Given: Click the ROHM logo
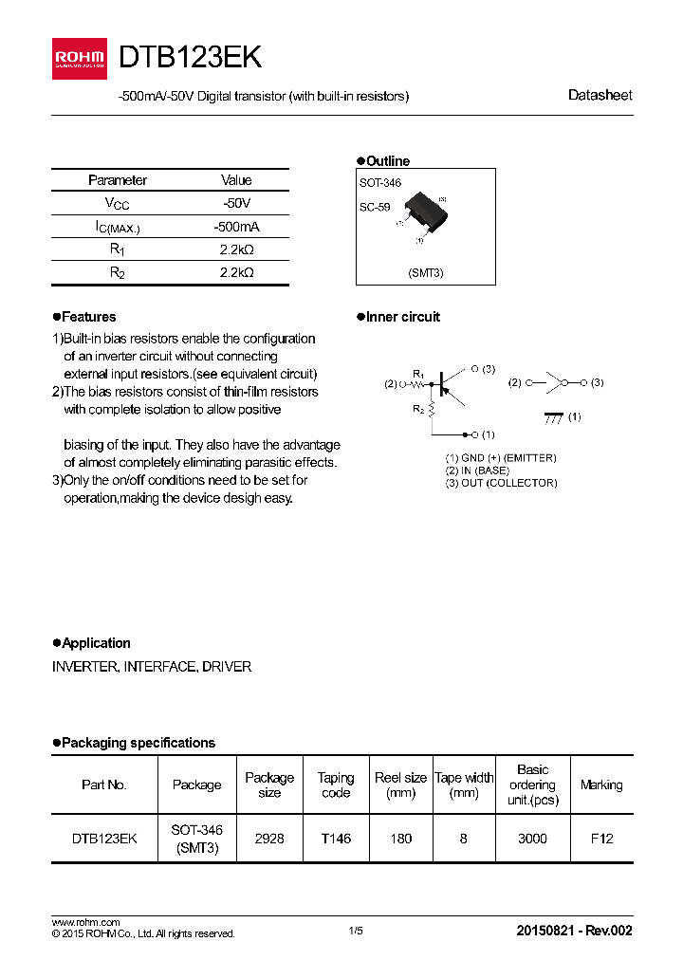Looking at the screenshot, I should click(x=79, y=59).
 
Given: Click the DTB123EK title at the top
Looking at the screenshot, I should click(x=190, y=58).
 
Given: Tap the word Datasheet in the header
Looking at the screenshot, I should click(x=600, y=95).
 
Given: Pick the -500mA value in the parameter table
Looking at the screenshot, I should click(x=236, y=227).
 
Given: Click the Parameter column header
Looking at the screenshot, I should click(x=118, y=180).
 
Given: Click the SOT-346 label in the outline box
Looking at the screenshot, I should click(x=380, y=182).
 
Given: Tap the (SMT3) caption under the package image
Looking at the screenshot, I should click(x=426, y=272).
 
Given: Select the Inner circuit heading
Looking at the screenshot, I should click(x=402, y=317).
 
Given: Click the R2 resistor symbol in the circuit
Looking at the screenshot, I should click(x=431, y=410).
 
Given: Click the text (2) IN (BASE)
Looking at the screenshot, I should click(x=477, y=471).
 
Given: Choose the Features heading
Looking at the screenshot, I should click(x=88, y=317).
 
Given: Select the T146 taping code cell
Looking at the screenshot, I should click(x=336, y=839).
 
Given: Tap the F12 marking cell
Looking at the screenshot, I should click(x=601, y=839).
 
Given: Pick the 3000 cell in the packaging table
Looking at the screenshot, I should click(x=532, y=839).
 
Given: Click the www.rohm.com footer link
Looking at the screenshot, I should click(x=85, y=922).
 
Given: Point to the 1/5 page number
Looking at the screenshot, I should click(x=356, y=931).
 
